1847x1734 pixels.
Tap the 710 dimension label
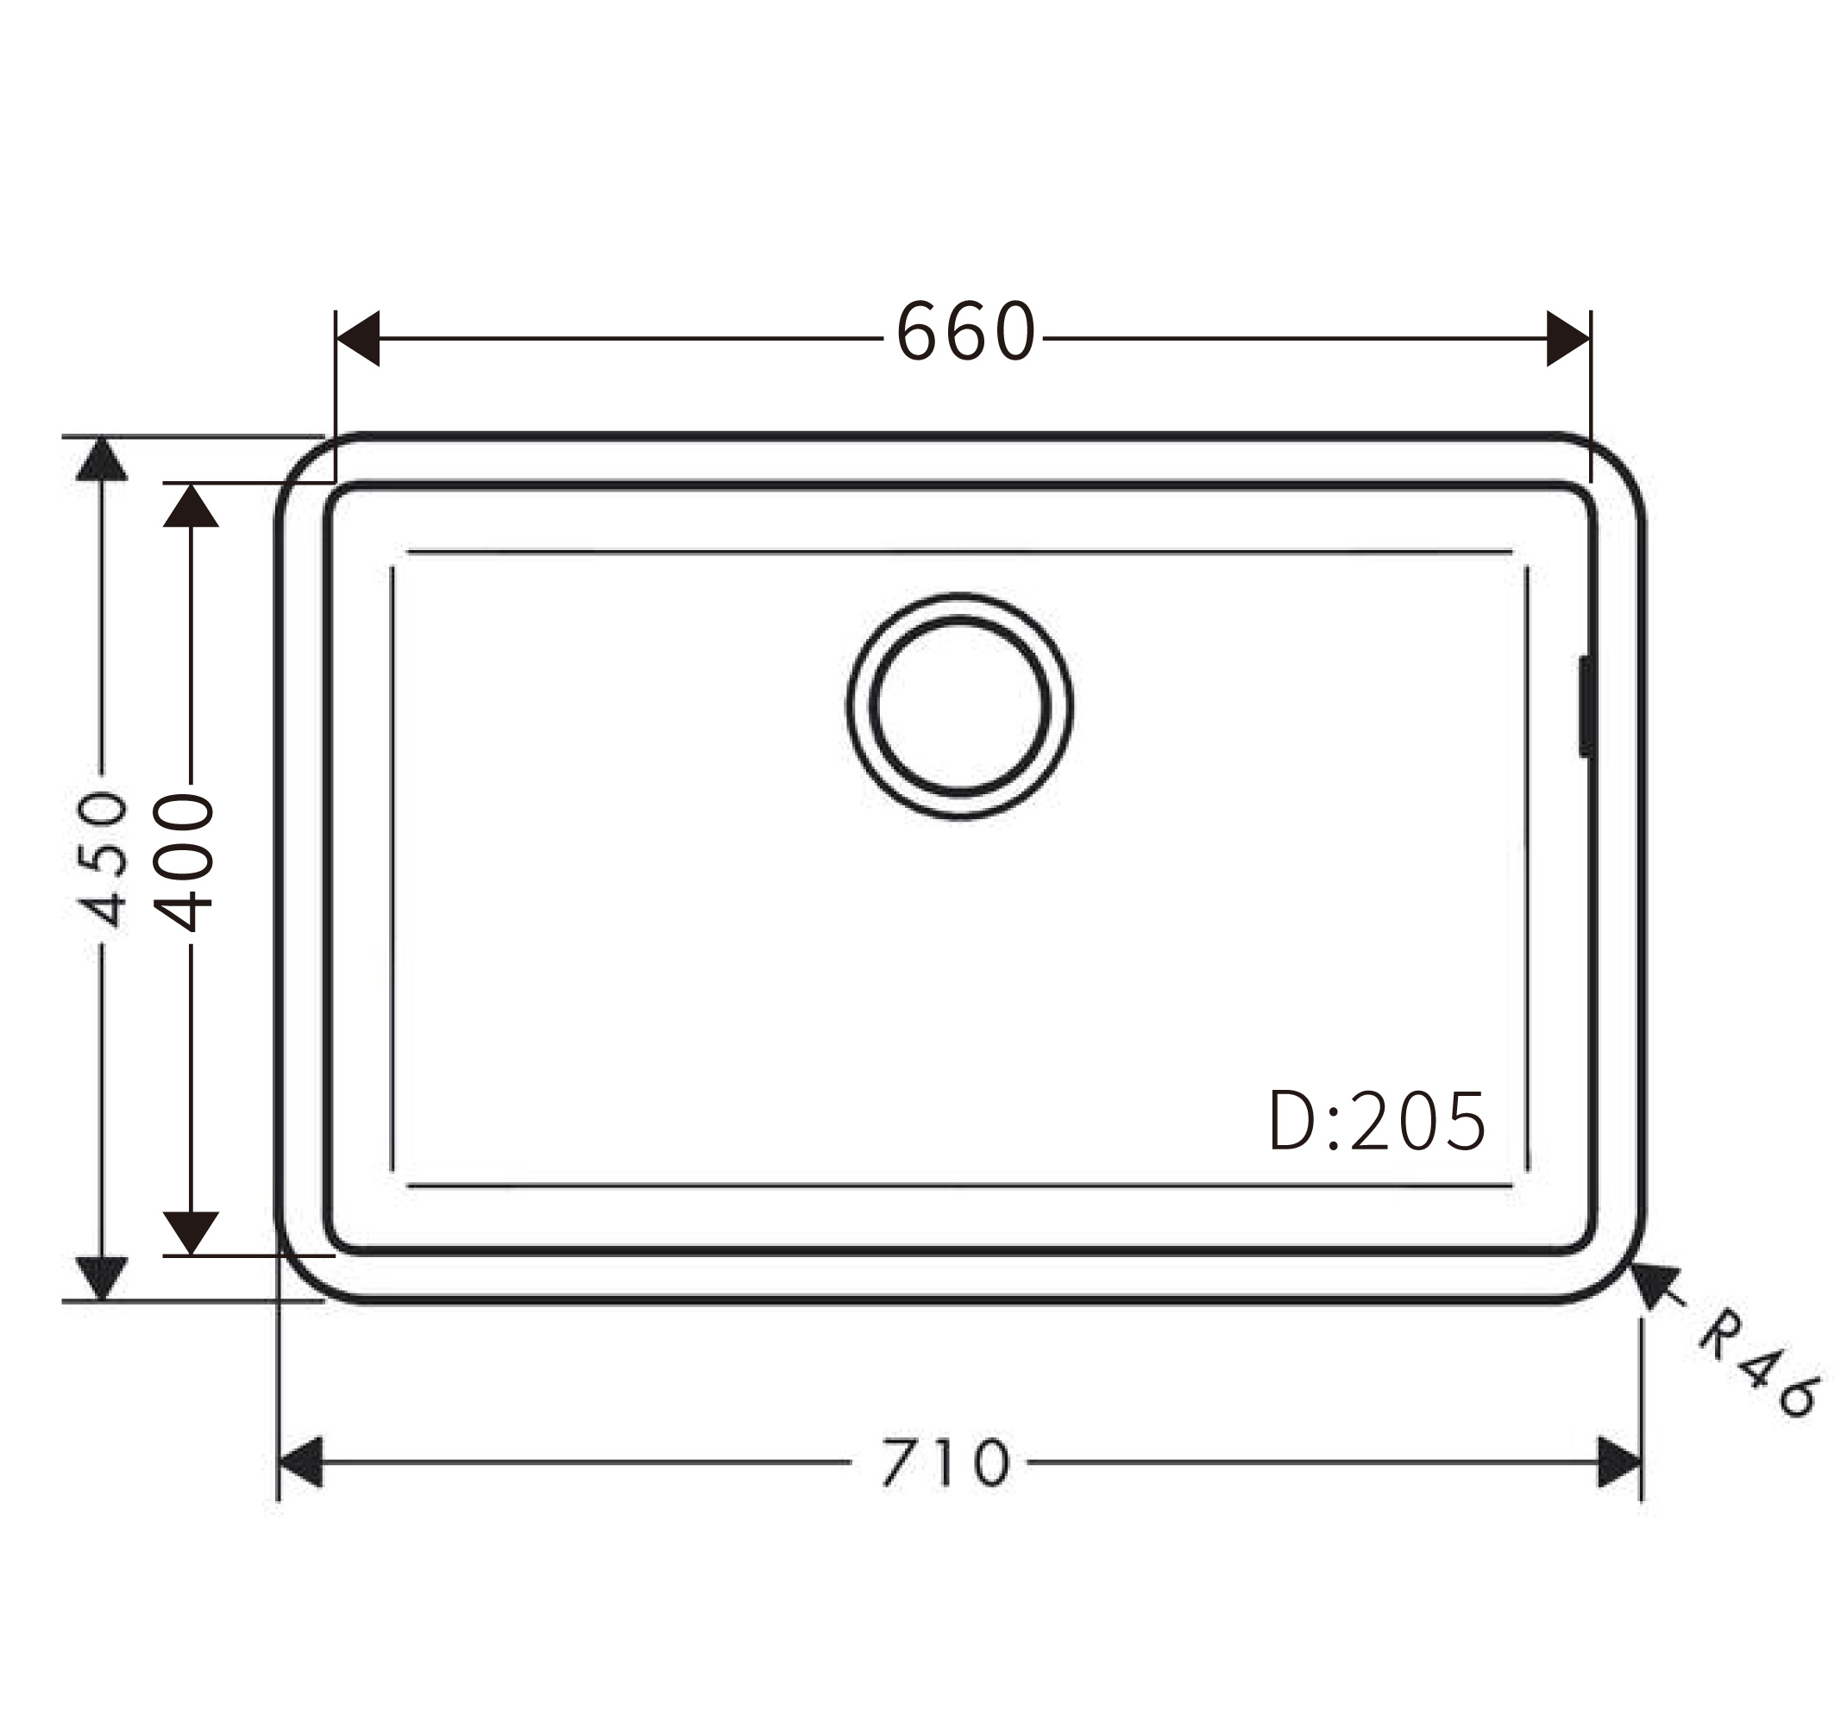(x=944, y=1462)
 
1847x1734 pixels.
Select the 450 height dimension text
(x=99, y=859)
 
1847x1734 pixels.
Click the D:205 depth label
(x=1377, y=1121)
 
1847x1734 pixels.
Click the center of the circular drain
(x=960, y=706)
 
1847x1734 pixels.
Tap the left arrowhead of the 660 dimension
(x=358, y=338)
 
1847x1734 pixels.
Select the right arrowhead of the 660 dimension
(x=1568, y=338)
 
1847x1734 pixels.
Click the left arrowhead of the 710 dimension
(x=300, y=1462)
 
